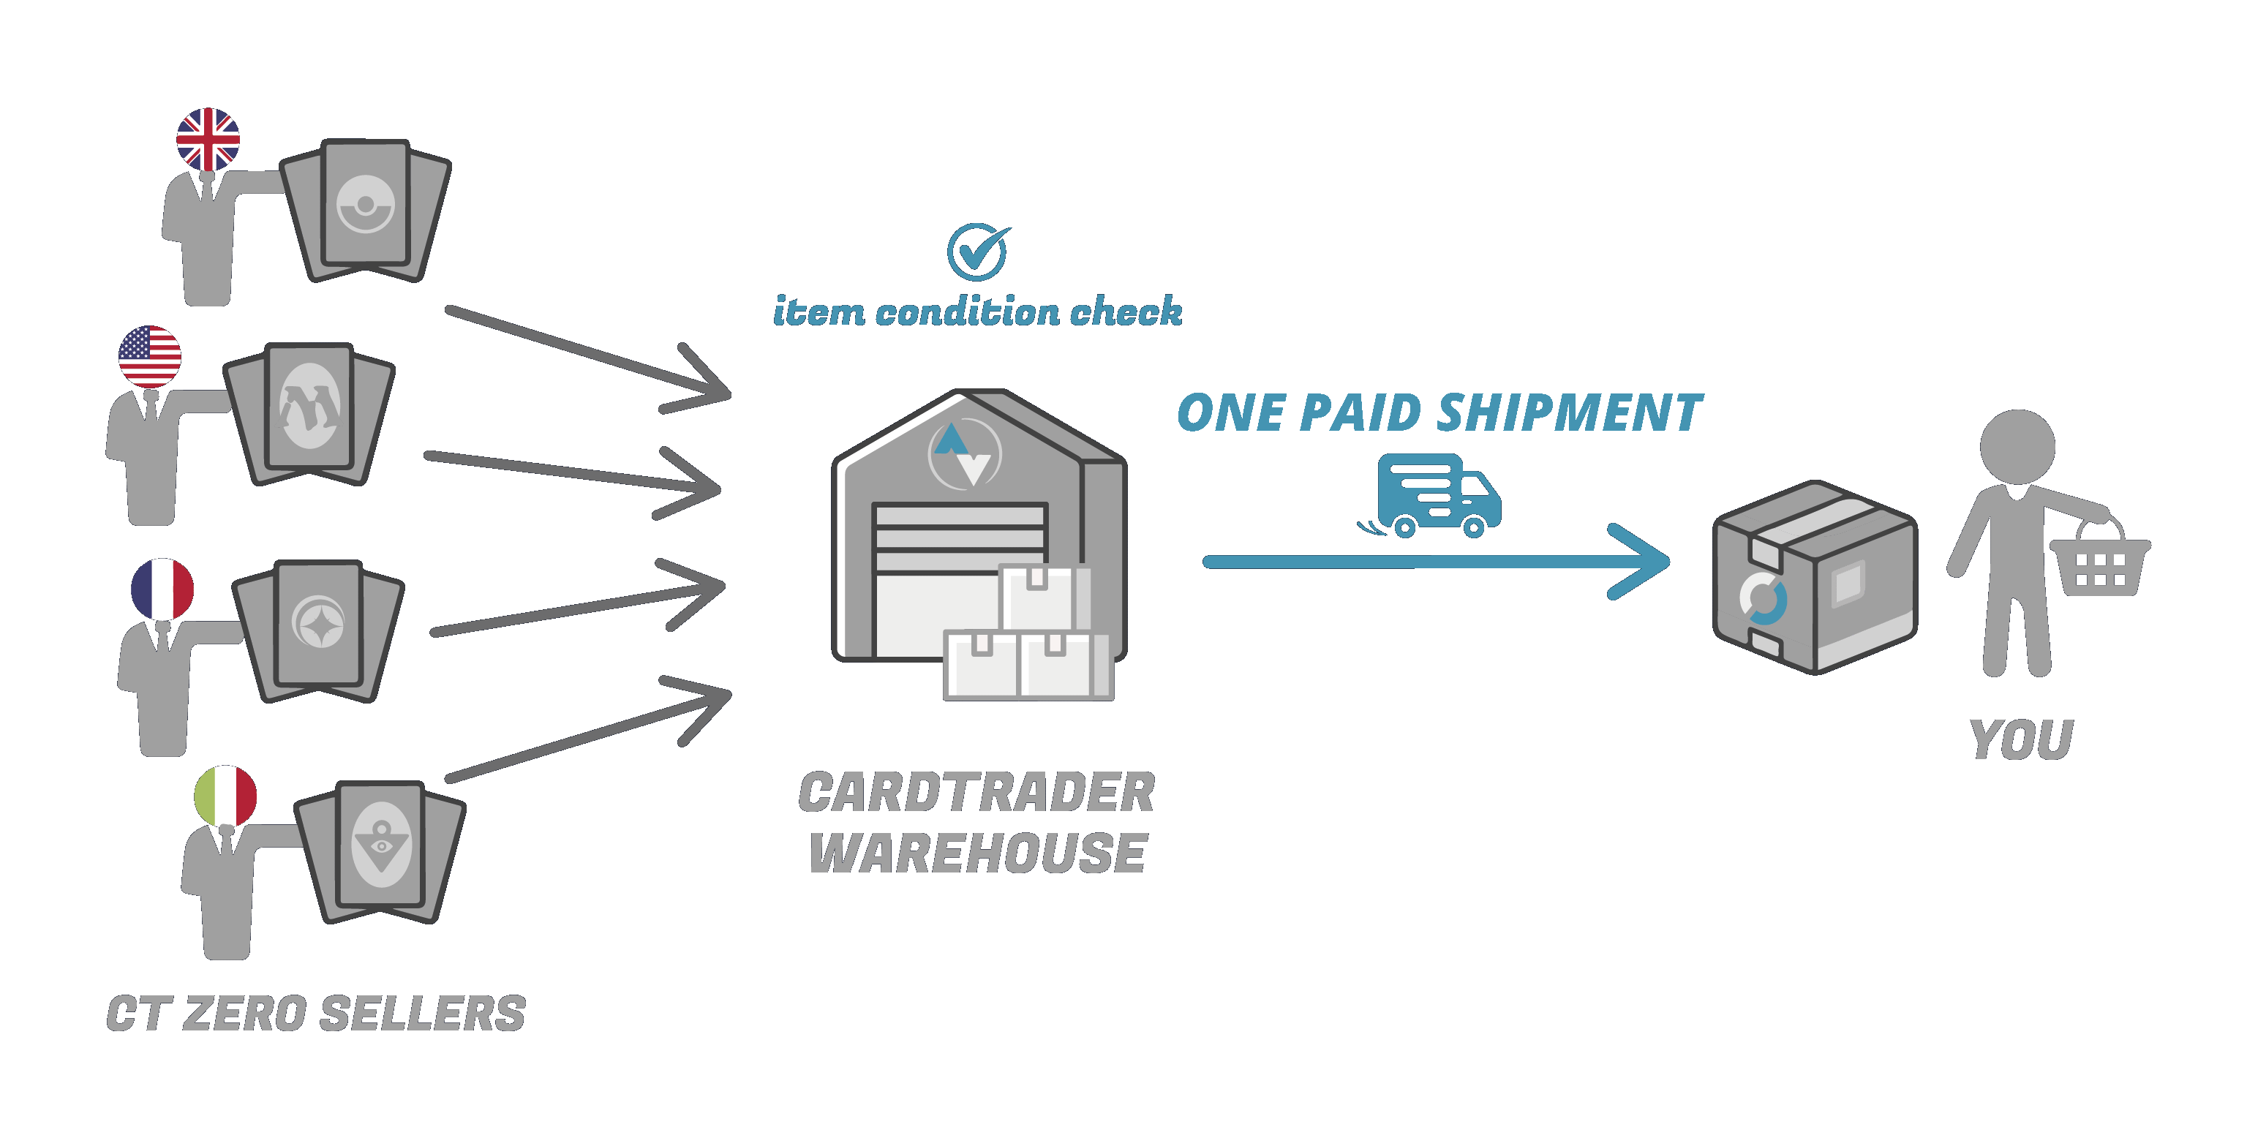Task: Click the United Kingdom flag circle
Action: (x=208, y=140)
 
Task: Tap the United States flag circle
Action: (x=150, y=357)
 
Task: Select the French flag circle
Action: (x=162, y=589)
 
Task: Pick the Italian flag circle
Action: (x=225, y=796)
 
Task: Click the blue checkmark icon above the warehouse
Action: (x=978, y=252)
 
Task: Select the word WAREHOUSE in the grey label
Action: (x=977, y=853)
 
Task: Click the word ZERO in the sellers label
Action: (x=244, y=1014)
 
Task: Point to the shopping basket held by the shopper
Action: (x=2099, y=565)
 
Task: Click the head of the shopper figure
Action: (x=2017, y=445)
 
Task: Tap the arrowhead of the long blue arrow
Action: (x=1644, y=562)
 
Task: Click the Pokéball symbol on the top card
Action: (x=366, y=205)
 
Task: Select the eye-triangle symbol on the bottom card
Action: (x=380, y=845)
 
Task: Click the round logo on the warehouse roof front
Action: (x=965, y=454)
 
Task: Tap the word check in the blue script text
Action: (x=1126, y=312)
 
